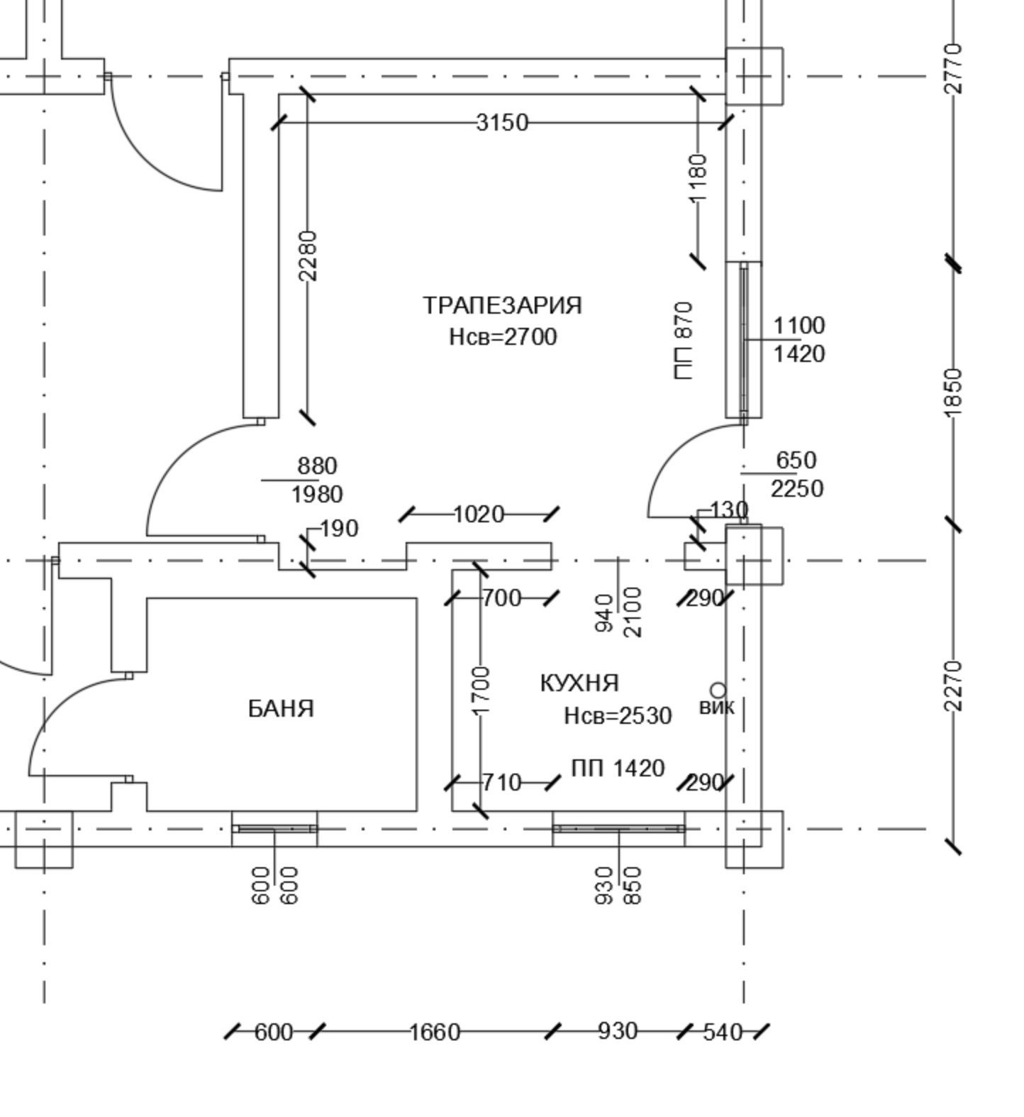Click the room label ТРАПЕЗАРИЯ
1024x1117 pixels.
[x=502, y=305]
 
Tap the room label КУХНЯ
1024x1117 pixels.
[x=579, y=683]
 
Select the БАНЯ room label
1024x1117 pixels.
[x=281, y=708]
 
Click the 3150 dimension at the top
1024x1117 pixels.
[x=502, y=123]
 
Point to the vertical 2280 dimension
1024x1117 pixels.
[x=308, y=255]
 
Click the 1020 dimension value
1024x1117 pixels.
[x=478, y=515]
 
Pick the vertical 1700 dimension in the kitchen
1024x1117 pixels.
[x=481, y=690]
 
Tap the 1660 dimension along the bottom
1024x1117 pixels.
[x=435, y=1032]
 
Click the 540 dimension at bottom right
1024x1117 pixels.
[x=723, y=1032]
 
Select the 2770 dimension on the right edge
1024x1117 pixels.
[x=955, y=68]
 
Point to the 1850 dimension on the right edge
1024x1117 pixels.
[x=955, y=392]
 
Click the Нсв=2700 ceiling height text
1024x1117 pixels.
[x=503, y=336]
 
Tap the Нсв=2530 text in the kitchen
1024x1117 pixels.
[x=618, y=715]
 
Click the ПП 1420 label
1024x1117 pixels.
[x=618, y=768]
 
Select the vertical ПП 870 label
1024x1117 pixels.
[x=684, y=341]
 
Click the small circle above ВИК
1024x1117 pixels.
[x=718, y=690]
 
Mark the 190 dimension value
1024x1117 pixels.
[x=339, y=529]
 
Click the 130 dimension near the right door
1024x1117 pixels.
[x=728, y=510]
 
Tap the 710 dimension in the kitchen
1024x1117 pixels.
[x=501, y=783]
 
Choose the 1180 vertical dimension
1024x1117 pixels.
[x=699, y=177]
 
